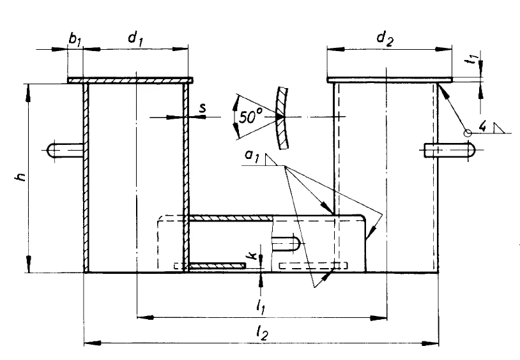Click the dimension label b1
[x=75, y=40]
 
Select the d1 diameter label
[x=135, y=39]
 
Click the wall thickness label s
[x=203, y=109]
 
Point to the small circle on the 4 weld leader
[x=468, y=133]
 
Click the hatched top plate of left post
[x=130, y=80]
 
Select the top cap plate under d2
[x=389, y=80]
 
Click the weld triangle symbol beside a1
[x=271, y=159]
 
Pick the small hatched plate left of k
[x=217, y=265]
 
